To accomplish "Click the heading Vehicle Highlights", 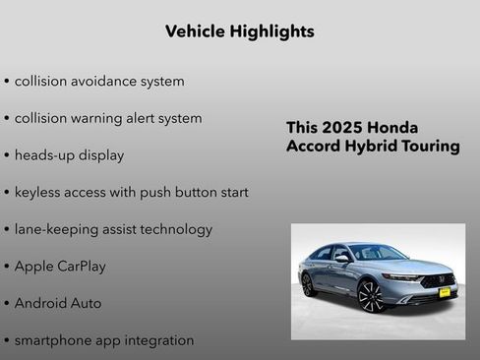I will [240, 31].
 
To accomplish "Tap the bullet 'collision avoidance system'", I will [98, 81].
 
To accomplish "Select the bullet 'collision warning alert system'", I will [107, 118].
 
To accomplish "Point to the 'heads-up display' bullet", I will [69, 155].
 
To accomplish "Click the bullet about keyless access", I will [131, 192].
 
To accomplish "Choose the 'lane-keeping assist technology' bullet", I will [113, 229].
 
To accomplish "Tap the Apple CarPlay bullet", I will [60, 267].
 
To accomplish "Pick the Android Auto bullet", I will [58, 304].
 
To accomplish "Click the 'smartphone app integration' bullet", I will [103, 340].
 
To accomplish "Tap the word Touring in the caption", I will [426, 147].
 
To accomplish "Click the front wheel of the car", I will [370, 295].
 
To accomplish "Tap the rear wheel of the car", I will [308, 284].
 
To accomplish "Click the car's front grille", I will [438, 280].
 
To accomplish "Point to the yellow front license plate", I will [445, 292].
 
